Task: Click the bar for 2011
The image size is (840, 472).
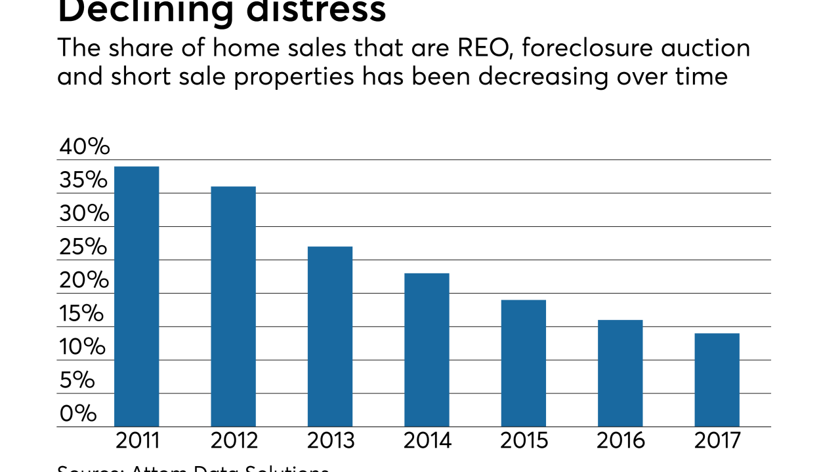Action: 136,296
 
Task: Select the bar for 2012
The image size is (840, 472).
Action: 233,306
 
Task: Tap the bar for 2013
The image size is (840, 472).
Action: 330,336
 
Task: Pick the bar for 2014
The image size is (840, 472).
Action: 427,349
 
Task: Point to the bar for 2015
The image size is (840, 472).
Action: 523,363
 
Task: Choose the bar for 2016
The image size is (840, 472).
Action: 620,373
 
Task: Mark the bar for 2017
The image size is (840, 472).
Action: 717,380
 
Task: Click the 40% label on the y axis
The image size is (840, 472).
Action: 84,147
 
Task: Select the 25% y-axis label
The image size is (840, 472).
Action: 83,247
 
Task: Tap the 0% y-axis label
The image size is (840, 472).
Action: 78,414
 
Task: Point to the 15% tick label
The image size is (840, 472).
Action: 81,314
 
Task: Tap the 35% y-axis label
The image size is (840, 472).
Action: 83,180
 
